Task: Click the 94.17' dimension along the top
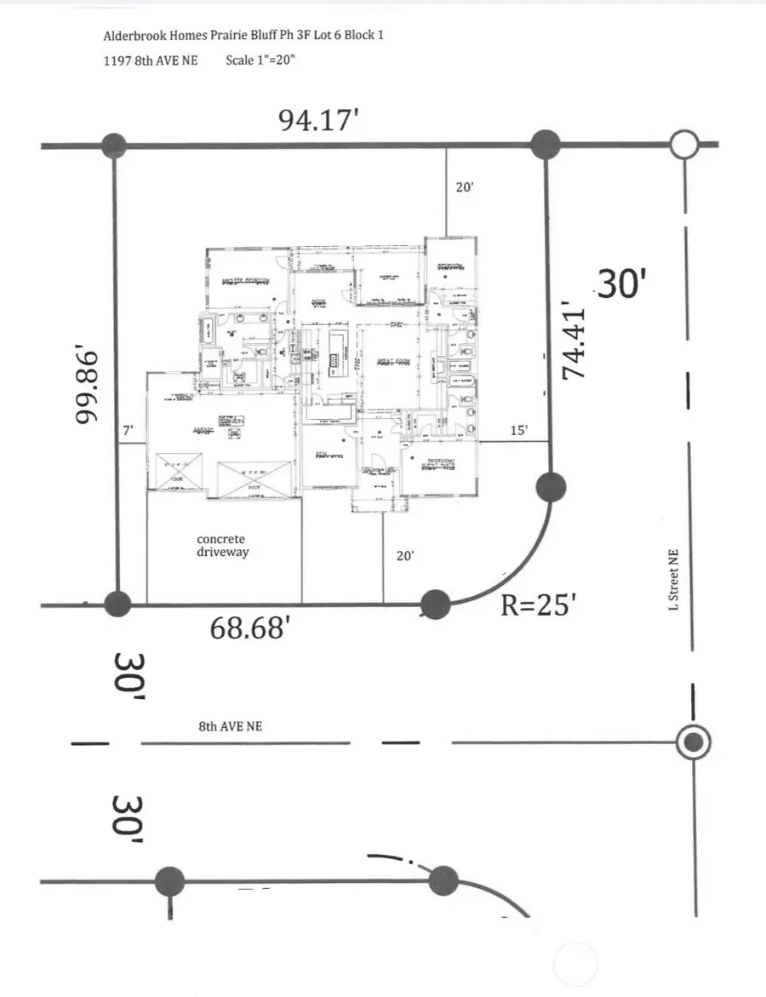coord(316,120)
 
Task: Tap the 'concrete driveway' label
coord(220,546)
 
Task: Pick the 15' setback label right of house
coord(518,432)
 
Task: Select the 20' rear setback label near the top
coord(464,187)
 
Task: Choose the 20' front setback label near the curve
coord(405,555)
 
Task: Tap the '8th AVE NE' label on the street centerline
coord(230,727)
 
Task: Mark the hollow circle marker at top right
coord(683,145)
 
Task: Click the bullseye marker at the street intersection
coord(694,742)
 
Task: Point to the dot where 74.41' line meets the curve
coord(551,488)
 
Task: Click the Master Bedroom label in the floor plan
coord(245,280)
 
